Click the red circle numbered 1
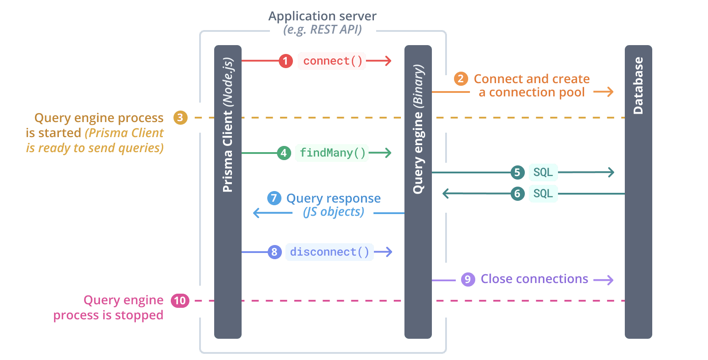(x=285, y=61)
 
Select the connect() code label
(x=332, y=61)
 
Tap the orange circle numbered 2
(x=461, y=79)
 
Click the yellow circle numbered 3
(x=180, y=118)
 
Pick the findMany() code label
(x=332, y=153)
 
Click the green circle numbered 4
(x=284, y=153)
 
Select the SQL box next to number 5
(x=543, y=172)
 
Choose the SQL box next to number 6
(x=543, y=194)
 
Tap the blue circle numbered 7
(x=274, y=198)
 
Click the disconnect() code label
(x=329, y=252)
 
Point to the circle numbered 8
(x=274, y=252)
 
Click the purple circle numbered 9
(x=468, y=280)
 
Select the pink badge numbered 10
(x=180, y=301)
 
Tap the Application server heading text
(x=322, y=16)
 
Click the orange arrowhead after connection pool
(x=610, y=92)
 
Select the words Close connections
(x=534, y=279)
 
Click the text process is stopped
(x=108, y=315)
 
